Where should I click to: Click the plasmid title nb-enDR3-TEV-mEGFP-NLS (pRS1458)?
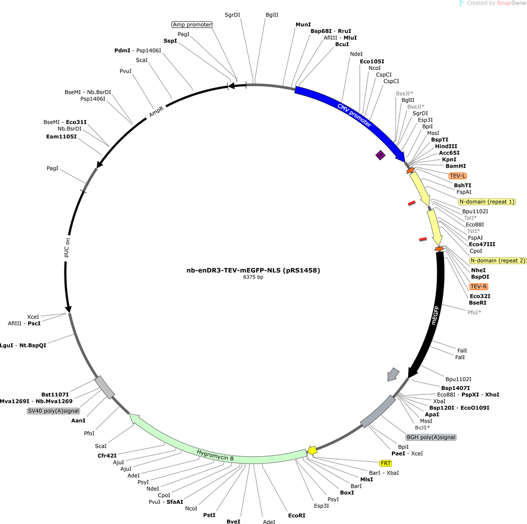click(x=253, y=270)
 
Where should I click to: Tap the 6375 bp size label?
click(x=253, y=277)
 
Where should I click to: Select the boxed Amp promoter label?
click(x=192, y=25)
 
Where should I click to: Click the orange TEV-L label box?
click(x=457, y=175)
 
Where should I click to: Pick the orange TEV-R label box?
click(x=478, y=286)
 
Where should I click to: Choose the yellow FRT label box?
click(x=386, y=463)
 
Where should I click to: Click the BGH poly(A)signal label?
click(x=431, y=437)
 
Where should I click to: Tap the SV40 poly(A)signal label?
click(x=53, y=411)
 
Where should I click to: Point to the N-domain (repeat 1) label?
click(x=487, y=202)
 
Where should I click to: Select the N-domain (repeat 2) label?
click(x=498, y=261)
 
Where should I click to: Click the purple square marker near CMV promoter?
click(x=380, y=155)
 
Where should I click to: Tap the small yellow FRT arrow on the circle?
click(x=312, y=451)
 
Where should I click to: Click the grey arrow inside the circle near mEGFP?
click(x=392, y=374)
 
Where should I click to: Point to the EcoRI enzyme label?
click(x=297, y=515)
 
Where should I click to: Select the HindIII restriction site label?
click(x=446, y=146)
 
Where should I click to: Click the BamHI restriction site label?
click(x=456, y=166)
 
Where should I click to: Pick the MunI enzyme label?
click(x=303, y=25)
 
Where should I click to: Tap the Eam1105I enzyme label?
click(x=61, y=137)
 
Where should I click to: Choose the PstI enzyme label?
click(x=209, y=515)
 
